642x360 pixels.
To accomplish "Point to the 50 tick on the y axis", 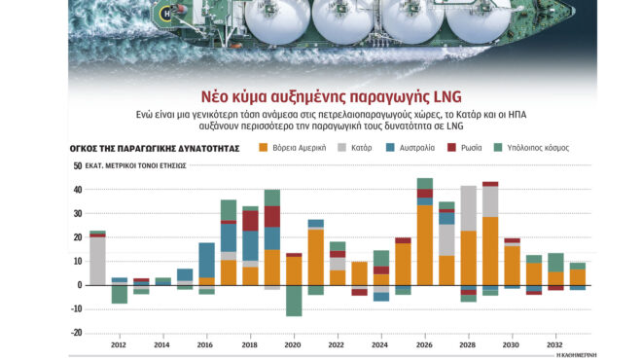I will click(x=77, y=166).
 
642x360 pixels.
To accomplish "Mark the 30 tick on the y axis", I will click(x=77, y=213).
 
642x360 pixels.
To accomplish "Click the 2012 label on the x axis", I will click(x=119, y=344).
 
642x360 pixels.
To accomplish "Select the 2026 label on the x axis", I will click(x=424, y=344).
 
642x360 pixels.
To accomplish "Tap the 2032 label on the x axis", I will click(x=553, y=344).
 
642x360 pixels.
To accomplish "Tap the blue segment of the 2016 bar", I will click(x=206, y=260).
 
